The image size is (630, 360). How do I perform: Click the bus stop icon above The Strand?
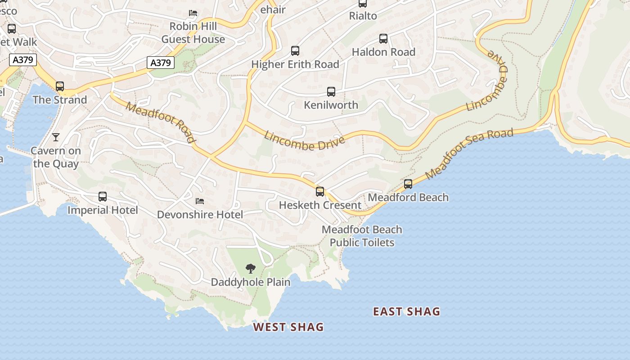[60, 86]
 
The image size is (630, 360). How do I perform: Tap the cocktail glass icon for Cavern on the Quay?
[56, 137]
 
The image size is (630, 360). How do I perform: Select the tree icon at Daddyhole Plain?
[251, 269]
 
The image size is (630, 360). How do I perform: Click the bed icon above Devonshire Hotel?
[200, 201]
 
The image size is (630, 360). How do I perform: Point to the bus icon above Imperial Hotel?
[103, 197]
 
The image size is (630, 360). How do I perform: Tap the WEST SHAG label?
[288, 327]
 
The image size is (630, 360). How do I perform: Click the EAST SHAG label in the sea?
[406, 311]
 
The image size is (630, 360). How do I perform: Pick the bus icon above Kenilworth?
[331, 92]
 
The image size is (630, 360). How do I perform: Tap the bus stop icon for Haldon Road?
[383, 39]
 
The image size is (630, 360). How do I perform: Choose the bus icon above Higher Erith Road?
[295, 51]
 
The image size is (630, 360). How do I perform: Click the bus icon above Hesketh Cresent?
[320, 192]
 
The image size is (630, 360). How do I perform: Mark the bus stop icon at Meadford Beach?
[408, 184]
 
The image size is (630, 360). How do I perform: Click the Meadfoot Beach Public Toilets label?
[362, 236]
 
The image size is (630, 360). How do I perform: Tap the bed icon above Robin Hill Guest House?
[193, 13]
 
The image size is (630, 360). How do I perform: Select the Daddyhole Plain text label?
[251, 282]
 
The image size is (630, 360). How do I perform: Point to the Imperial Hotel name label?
[103, 210]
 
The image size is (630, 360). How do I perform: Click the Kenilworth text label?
[331, 105]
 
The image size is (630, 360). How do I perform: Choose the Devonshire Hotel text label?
[200, 215]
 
